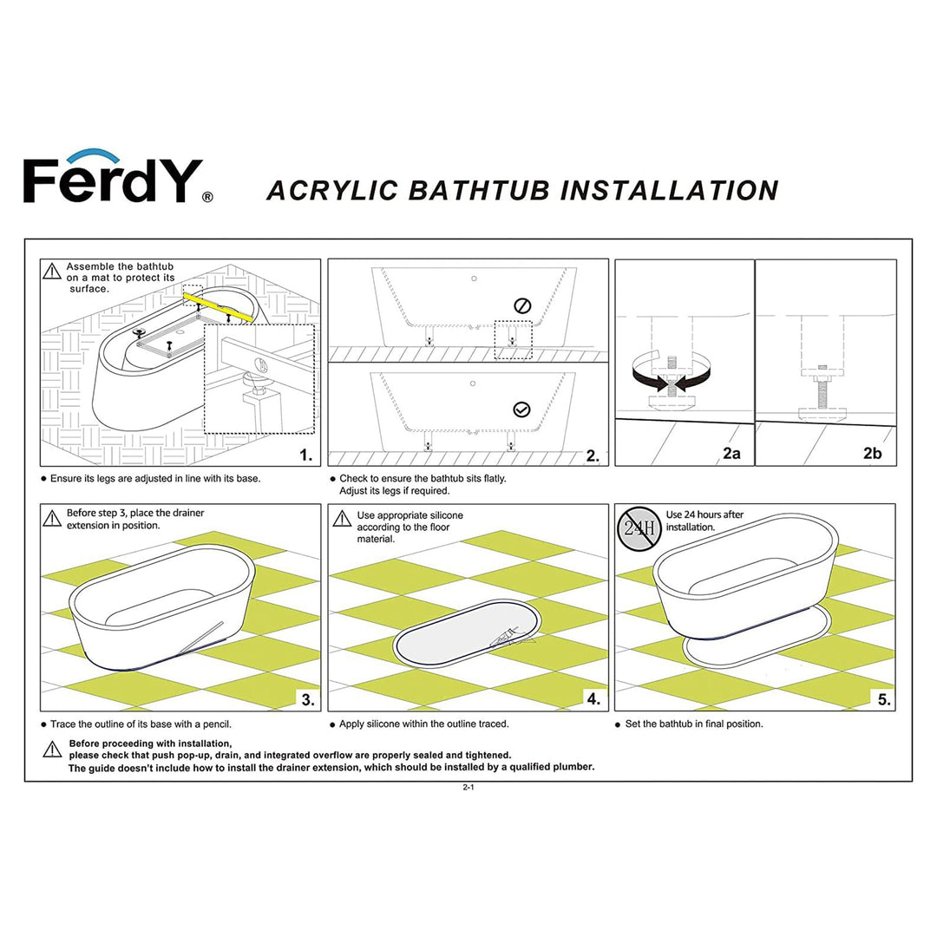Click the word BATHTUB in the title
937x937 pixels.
[x=479, y=190]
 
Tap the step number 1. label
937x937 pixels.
[x=305, y=455]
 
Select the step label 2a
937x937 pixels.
[x=731, y=454]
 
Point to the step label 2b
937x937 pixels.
[x=872, y=454]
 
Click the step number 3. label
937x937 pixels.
[x=306, y=699]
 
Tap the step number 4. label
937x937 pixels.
[x=592, y=699]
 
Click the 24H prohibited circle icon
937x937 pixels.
[x=639, y=528]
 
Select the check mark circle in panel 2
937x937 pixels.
[x=521, y=409]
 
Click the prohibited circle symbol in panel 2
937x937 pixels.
[x=521, y=305]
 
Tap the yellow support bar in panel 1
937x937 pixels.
[x=218, y=307]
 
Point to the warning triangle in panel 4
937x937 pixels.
[x=342, y=518]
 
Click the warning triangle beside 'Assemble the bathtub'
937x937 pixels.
[x=52, y=272]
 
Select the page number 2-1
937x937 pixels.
[x=468, y=788]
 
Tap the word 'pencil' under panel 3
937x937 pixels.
[x=214, y=724]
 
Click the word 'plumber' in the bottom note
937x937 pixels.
[x=574, y=767]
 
